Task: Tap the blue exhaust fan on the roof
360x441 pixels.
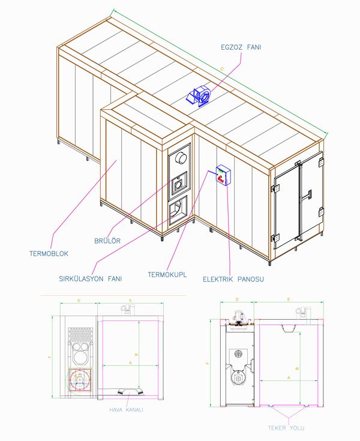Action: pyautogui.click(x=202, y=97)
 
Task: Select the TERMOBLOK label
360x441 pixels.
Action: pyautogui.click(x=49, y=254)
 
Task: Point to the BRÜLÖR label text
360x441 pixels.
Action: pyautogui.click(x=108, y=241)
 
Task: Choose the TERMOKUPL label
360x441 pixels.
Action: pyautogui.click(x=167, y=274)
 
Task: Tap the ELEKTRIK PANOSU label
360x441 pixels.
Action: pyautogui.click(x=233, y=279)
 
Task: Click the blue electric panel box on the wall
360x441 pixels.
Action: pyautogui.click(x=223, y=175)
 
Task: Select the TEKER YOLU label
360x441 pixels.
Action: pyautogui.click(x=287, y=428)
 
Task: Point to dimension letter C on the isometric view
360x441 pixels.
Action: pyautogui.click(x=222, y=70)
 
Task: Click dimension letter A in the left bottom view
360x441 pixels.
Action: pyautogui.click(x=130, y=363)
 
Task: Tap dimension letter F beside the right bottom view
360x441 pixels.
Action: pyautogui.click(x=208, y=362)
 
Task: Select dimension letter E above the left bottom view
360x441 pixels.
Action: pyautogui.click(x=130, y=298)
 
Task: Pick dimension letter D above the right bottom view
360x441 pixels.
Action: pyautogui.click(x=237, y=298)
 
